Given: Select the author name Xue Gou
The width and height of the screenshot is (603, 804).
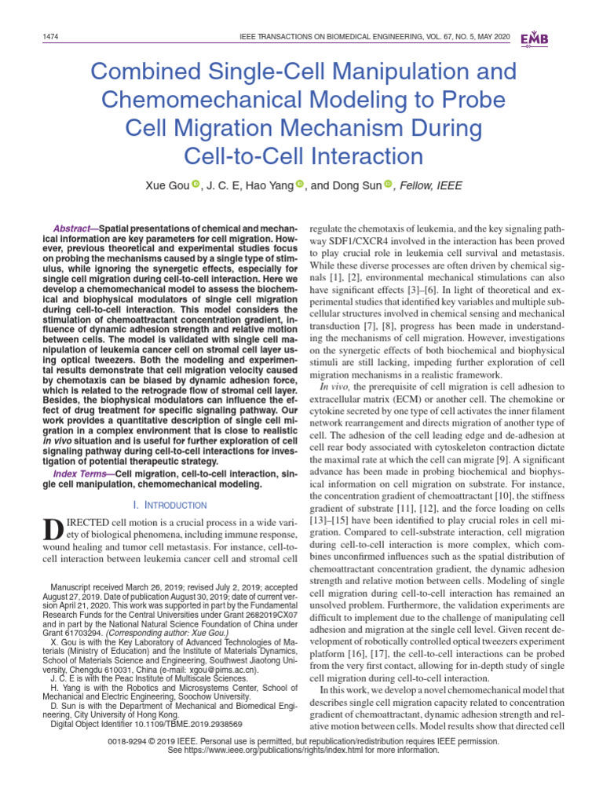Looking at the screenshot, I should click(166, 186).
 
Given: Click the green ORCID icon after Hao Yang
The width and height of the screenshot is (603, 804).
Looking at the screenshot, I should click(300, 185).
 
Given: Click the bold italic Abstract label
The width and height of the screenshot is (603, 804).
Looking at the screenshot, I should click(73, 225).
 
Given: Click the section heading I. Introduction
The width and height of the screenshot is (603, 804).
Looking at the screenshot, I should click(167, 505).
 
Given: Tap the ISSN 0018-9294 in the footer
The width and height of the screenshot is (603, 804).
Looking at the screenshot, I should click(139, 740).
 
